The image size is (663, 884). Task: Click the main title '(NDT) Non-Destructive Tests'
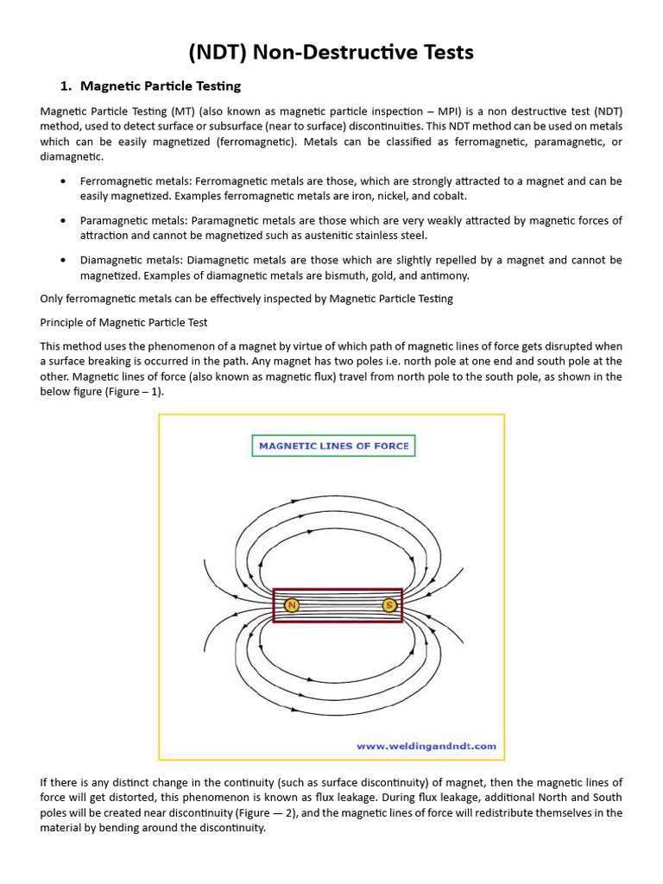click(331, 53)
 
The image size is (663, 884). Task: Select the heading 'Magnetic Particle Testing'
click(161, 86)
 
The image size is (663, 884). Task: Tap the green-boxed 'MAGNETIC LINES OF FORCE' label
click(334, 446)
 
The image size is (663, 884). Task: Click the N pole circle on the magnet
click(292, 605)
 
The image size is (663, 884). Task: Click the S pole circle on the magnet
click(389, 605)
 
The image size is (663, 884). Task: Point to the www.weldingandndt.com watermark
click(426, 745)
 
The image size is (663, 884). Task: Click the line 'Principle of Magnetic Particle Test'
click(123, 322)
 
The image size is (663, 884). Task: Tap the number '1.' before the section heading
click(66, 86)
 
